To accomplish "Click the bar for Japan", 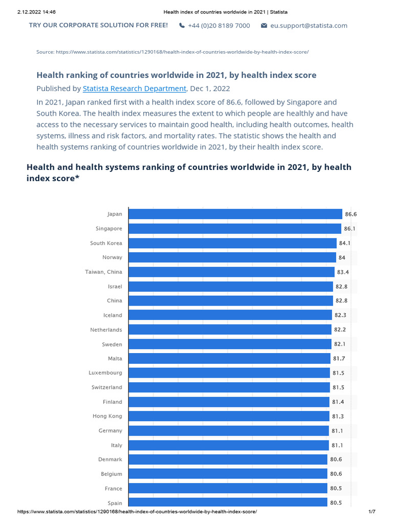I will [x=235, y=214].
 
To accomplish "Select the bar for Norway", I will [x=232, y=257].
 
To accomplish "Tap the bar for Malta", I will [x=229, y=359].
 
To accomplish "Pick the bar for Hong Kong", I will [x=229, y=417].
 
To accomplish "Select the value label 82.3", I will [x=340, y=315].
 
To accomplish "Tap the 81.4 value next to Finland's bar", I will [x=338, y=402].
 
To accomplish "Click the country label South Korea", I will [x=106, y=243].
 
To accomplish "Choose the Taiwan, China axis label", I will [x=103, y=272].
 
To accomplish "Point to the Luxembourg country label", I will [x=105, y=373].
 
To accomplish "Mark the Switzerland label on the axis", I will [x=106, y=387].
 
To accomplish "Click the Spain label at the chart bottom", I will [x=115, y=503].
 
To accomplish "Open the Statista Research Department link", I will [x=135, y=89].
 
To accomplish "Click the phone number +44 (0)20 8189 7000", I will [x=219, y=26].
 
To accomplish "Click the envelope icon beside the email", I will [x=264, y=26].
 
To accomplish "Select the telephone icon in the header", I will [x=182, y=26].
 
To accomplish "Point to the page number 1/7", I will [x=372, y=512].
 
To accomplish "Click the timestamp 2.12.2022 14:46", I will [x=36, y=12].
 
